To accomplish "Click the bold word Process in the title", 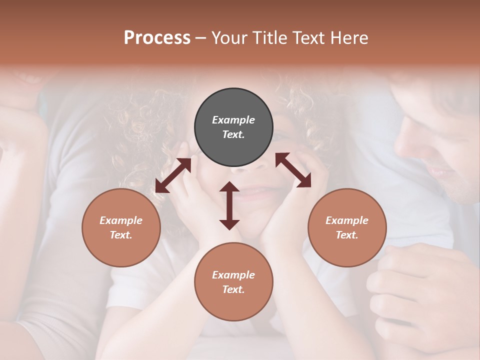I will (x=157, y=38).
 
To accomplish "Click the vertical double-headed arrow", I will (x=229, y=205).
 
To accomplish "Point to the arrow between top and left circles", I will (x=173, y=175).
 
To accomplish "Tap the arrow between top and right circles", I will (x=293, y=170).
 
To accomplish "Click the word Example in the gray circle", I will (x=233, y=120).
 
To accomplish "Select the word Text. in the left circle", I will (x=121, y=235).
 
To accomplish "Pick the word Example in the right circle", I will (x=347, y=220).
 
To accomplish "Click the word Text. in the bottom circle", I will (x=233, y=289).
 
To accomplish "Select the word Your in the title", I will (x=230, y=38).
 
